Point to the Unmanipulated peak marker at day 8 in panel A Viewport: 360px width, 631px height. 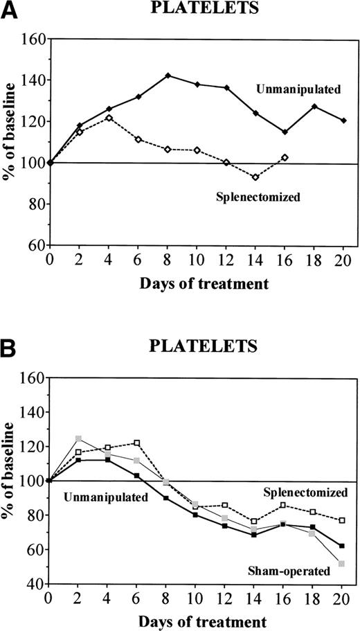point(168,75)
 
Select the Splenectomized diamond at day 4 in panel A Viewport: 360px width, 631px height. point(108,118)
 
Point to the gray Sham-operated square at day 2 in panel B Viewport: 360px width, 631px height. point(78,438)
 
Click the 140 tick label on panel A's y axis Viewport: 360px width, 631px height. point(30,80)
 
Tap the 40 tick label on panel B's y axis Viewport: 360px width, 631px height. point(33,584)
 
